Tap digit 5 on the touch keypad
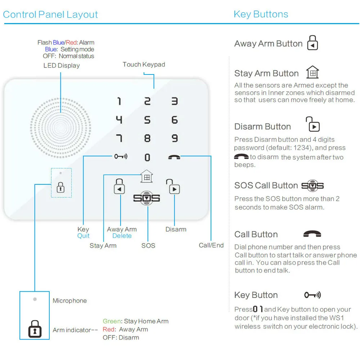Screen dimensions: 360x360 coord(147,120)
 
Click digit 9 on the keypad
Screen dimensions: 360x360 coord(175,138)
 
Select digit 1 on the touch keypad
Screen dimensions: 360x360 coord(119,101)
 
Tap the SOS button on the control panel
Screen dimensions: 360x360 coord(147,198)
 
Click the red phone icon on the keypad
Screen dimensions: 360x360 coord(175,157)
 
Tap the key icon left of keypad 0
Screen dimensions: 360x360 coord(121,157)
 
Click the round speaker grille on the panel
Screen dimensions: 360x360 coord(60,128)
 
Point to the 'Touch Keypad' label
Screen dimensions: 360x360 coord(144,64)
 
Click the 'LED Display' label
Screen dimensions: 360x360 coord(62,66)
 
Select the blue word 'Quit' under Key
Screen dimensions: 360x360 coord(83,236)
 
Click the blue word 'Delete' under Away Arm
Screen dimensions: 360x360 coord(122,236)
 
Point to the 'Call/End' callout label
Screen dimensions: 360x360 coord(211,245)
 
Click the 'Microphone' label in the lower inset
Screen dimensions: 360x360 coord(69,301)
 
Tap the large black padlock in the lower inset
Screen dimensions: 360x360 coord(35,329)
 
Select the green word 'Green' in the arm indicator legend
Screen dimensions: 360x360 coord(112,321)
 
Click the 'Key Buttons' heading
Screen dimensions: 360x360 coord(261,14)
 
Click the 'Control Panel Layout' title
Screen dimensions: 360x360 coord(50,15)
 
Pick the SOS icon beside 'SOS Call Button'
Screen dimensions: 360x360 coord(312,186)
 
